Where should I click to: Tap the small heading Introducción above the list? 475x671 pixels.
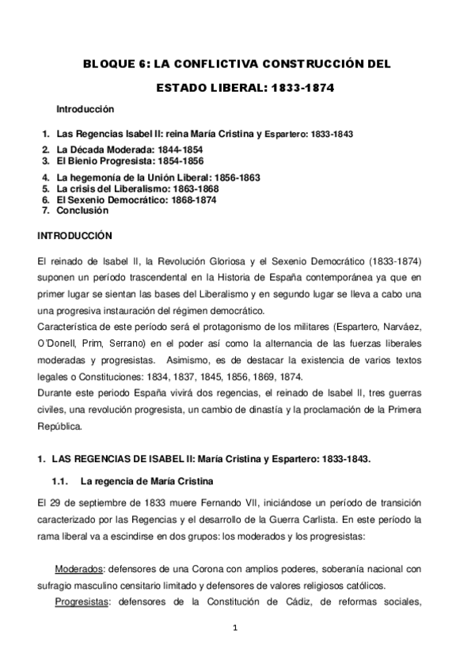(85, 108)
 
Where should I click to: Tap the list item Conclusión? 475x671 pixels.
(82, 211)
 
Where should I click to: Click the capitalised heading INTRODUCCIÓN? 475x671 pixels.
(75, 236)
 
